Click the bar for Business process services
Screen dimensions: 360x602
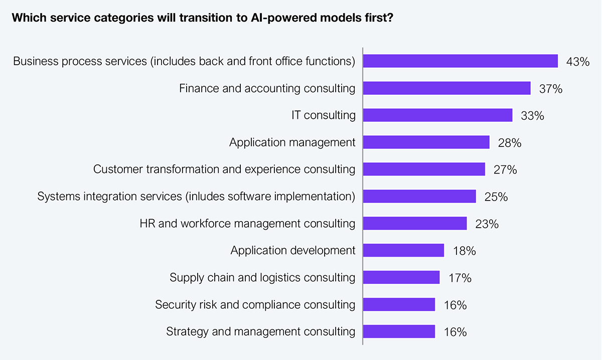(460, 61)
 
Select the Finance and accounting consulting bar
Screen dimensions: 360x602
(446, 88)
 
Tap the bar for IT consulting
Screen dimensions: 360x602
(437, 115)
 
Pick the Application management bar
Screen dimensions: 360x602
(426, 142)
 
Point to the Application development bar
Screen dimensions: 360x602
(403, 250)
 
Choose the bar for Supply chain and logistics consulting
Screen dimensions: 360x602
(401, 277)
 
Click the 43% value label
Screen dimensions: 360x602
(577, 62)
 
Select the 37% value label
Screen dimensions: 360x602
(550, 89)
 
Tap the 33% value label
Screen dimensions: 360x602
(532, 116)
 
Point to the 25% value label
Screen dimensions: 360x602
(496, 197)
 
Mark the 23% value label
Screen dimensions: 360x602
(487, 224)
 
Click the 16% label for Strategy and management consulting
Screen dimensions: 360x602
(455, 332)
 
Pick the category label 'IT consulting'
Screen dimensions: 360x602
(324, 115)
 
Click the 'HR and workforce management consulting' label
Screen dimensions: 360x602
(247, 224)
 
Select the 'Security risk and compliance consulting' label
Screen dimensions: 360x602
(255, 305)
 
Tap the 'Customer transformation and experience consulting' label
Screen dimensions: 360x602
(224, 169)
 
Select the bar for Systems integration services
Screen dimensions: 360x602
(419, 197)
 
